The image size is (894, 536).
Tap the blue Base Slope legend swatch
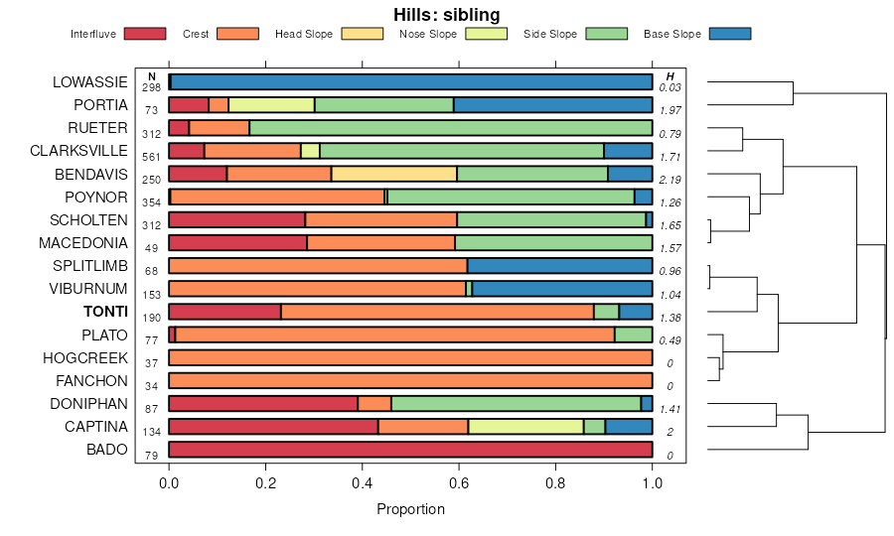pos(729,34)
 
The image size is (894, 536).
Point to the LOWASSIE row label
pos(89,81)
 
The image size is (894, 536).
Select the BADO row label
pos(108,450)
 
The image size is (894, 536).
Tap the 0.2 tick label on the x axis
pos(266,483)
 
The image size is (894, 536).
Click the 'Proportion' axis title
pos(410,509)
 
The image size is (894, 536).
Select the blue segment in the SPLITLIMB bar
pos(559,266)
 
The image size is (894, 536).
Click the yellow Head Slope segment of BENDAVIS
pos(393,174)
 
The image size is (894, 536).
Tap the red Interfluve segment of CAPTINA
pos(273,427)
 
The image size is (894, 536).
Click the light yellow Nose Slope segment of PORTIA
pos(271,104)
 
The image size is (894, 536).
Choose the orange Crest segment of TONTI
pos(437,312)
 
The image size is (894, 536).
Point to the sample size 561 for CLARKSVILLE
pos(151,157)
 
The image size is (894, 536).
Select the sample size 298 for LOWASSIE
pos(151,87)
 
